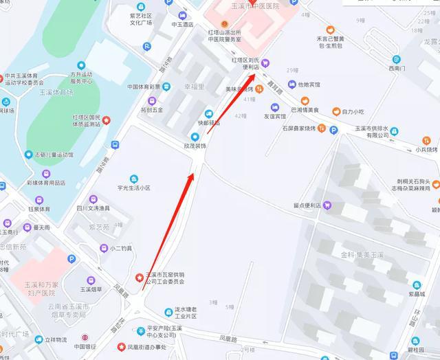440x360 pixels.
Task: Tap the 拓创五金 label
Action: click(x=152, y=109)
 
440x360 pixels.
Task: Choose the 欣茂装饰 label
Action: click(x=195, y=146)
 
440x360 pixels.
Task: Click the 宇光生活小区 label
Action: click(x=133, y=188)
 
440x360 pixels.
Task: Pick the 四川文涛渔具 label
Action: click(x=93, y=208)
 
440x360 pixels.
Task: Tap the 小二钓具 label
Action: click(x=120, y=249)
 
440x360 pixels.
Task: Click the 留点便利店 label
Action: click(x=307, y=205)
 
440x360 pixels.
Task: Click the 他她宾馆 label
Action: click(x=302, y=85)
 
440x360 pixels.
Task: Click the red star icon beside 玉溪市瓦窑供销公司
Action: click(x=140, y=278)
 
